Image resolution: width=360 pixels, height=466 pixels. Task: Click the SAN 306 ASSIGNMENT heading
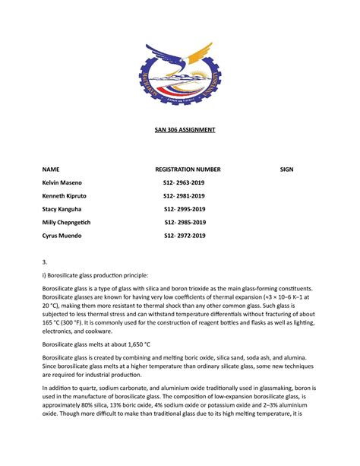coord(180,130)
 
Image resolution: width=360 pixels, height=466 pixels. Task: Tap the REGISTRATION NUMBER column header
coord(188,169)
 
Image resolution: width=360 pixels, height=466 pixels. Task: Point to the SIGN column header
coord(286,169)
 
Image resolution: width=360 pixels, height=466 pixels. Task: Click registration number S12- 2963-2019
coord(184,183)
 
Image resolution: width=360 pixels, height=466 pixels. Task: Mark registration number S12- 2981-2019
coord(184,196)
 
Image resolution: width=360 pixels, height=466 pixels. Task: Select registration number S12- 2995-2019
coord(184,209)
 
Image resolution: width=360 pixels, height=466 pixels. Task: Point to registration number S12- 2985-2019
coord(185,223)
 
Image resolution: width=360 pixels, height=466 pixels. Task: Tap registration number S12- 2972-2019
coord(185,236)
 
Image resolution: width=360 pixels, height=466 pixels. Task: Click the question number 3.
coord(44,262)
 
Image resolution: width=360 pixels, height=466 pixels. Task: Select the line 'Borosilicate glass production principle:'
coord(99,275)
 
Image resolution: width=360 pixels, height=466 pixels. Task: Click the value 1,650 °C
coord(137,344)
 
